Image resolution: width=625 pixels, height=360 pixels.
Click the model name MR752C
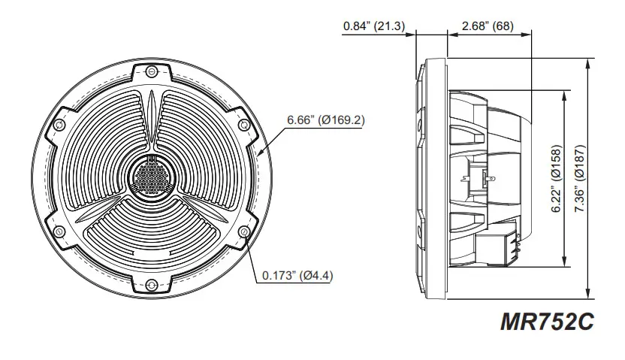[x=546, y=322]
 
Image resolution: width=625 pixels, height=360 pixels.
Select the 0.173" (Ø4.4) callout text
[x=297, y=274]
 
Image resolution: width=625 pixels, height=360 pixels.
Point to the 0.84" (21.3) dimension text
[x=373, y=26]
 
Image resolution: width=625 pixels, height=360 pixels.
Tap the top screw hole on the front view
[x=152, y=71]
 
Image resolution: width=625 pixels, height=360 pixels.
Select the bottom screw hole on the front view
[x=152, y=284]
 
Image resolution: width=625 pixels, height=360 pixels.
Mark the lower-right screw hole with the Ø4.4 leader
[x=244, y=231]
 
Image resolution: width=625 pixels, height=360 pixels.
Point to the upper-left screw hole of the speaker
[x=59, y=124]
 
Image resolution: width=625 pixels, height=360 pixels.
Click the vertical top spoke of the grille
[x=152, y=120]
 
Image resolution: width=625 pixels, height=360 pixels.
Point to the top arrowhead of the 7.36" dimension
[x=587, y=63]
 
